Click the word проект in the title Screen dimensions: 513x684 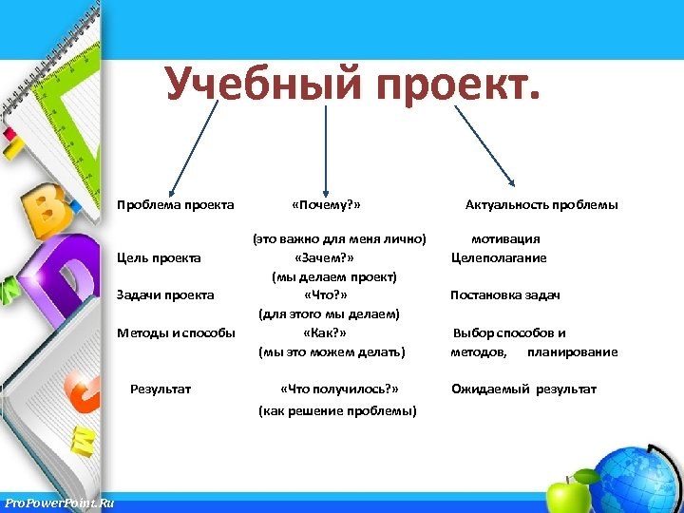click(x=458, y=86)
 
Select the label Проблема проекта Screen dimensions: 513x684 click(x=175, y=205)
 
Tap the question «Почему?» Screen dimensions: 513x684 click(x=326, y=205)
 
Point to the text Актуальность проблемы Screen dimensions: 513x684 click(x=541, y=205)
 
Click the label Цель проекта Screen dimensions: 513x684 click(x=159, y=257)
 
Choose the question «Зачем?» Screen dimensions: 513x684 click(x=325, y=257)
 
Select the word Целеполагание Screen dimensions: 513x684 click(x=499, y=257)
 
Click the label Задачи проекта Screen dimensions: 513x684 click(x=165, y=295)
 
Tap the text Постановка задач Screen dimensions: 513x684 click(x=504, y=295)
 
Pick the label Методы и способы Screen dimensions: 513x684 click(x=176, y=333)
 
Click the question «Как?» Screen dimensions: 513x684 click(x=324, y=333)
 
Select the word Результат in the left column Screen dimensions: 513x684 click(x=161, y=389)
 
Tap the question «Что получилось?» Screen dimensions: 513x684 click(x=339, y=389)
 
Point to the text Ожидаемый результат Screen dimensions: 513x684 click(x=523, y=389)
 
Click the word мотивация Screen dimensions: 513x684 click(x=505, y=239)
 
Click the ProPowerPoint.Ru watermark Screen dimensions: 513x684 click(x=58, y=502)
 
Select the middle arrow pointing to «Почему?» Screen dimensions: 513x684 click(x=327, y=152)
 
